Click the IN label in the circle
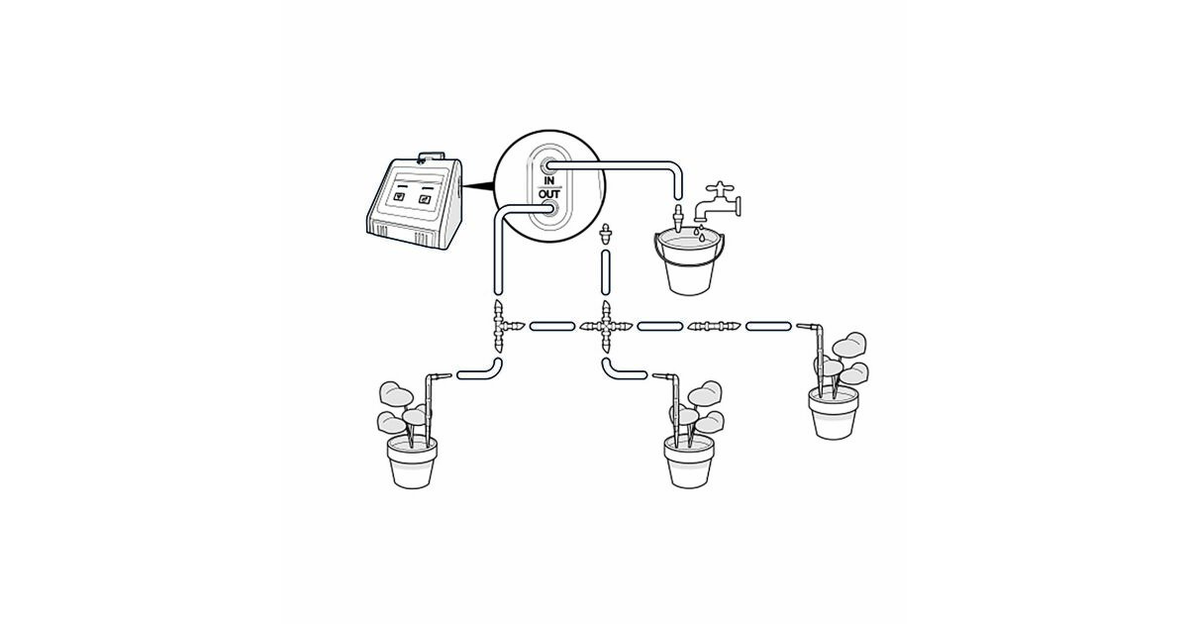(x=549, y=181)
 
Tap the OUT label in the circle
(x=549, y=194)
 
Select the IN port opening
(x=548, y=166)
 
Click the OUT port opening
(x=549, y=210)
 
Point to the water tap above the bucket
(x=717, y=203)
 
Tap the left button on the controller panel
(x=399, y=197)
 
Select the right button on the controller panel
(x=425, y=199)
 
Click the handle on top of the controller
(x=431, y=157)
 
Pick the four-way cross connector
(x=606, y=326)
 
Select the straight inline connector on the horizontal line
(x=714, y=326)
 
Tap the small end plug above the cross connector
(x=606, y=233)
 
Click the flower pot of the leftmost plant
(x=412, y=463)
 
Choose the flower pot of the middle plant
(x=689, y=463)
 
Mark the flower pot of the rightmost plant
(x=834, y=413)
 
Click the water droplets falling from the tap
(x=699, y=234)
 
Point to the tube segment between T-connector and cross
(x=552, y=326)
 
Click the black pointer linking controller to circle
(x=478, y=186)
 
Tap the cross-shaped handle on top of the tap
(x=719, y=188)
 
